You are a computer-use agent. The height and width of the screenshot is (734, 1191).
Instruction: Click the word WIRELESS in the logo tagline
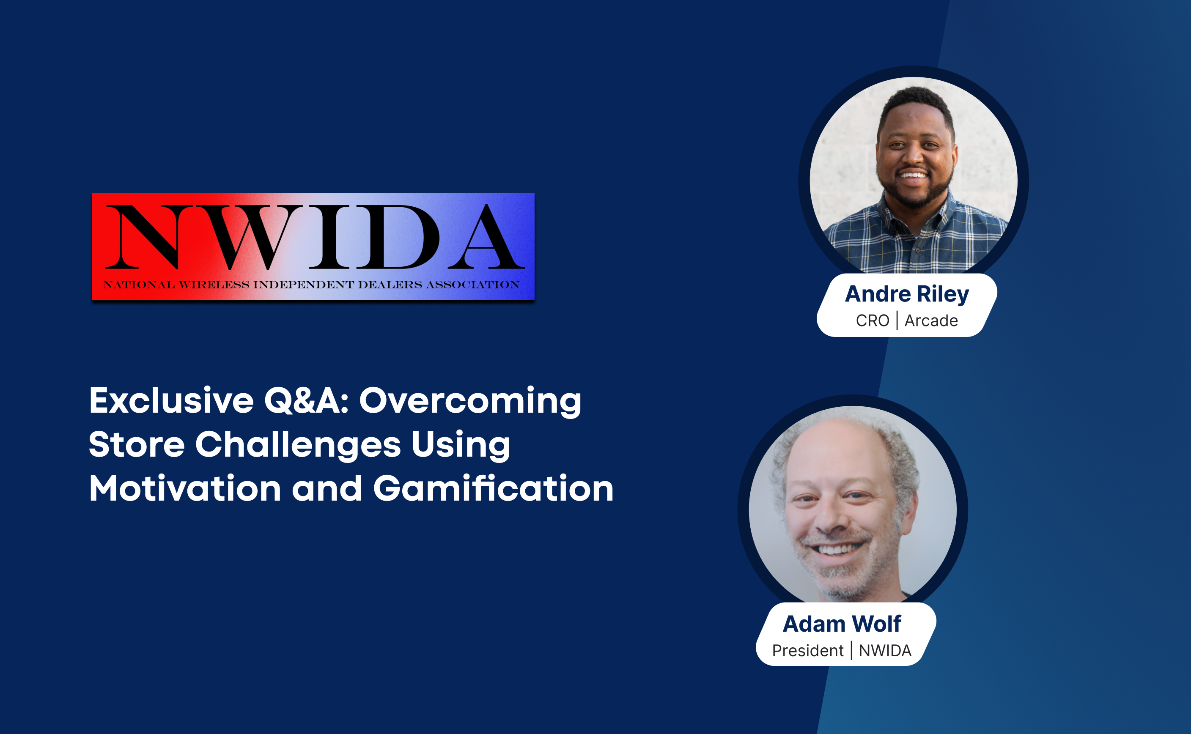point(214,285)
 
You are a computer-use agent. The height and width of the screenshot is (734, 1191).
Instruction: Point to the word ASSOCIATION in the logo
point(473,285)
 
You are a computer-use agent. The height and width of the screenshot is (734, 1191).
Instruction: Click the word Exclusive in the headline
point(171,401)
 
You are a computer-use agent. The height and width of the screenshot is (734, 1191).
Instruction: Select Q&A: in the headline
point(306,401)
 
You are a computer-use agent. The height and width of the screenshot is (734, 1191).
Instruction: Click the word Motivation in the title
point(185,488)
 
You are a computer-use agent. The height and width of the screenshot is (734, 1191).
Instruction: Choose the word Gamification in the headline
point(493,488)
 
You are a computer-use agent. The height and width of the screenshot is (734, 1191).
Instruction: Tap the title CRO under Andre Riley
point(873,321)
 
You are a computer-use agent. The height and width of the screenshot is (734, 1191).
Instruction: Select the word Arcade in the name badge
point(931,321)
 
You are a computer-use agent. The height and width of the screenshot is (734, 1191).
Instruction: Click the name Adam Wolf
point(842,624)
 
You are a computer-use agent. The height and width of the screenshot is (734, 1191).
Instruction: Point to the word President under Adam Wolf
point(808,651)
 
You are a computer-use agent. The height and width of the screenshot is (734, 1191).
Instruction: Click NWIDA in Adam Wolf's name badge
point(885,651)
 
